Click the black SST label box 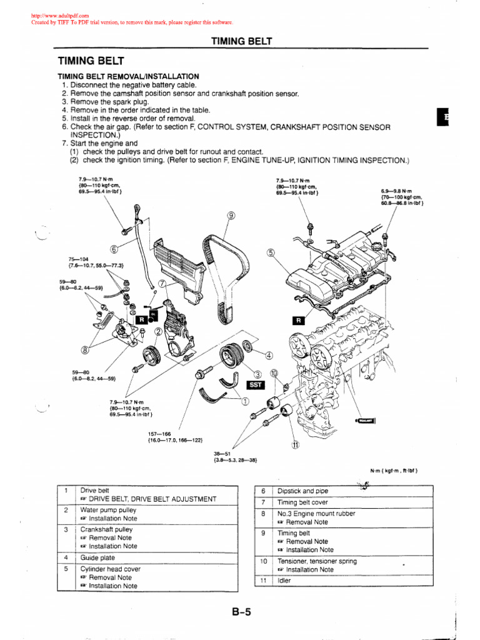tap(257, 385)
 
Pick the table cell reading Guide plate tap(99, 557)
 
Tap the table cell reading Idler tap(284, 581)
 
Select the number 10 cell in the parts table tap(263, 561)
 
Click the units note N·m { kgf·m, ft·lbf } tap(398, 470)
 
